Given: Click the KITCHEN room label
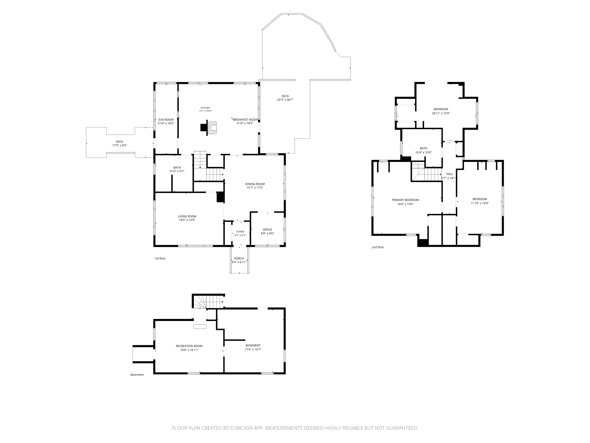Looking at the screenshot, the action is (205, 108).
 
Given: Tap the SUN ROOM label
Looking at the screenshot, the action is (166, 120).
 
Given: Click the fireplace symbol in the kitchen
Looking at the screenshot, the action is (213, 128).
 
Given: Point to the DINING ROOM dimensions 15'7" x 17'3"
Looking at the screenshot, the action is (255, 188).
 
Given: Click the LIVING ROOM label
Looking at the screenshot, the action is (187, 216).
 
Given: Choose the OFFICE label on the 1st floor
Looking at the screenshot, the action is (267, 230).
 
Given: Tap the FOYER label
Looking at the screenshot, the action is (240, 232).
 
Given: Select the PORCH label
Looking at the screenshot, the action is (239, 258).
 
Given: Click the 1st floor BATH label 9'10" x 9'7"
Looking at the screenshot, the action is (177, 168).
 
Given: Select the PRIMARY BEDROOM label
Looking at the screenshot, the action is (405, 200).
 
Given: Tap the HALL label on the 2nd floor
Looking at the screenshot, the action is (450, 174).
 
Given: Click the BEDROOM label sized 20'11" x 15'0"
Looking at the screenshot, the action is (441, 109).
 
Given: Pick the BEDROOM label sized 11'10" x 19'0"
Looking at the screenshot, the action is (480, 199).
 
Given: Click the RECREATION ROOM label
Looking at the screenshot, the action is (189, 346).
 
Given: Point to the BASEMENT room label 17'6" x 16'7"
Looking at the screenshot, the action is (253, 346).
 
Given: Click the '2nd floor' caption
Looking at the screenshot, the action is (378, 247).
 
